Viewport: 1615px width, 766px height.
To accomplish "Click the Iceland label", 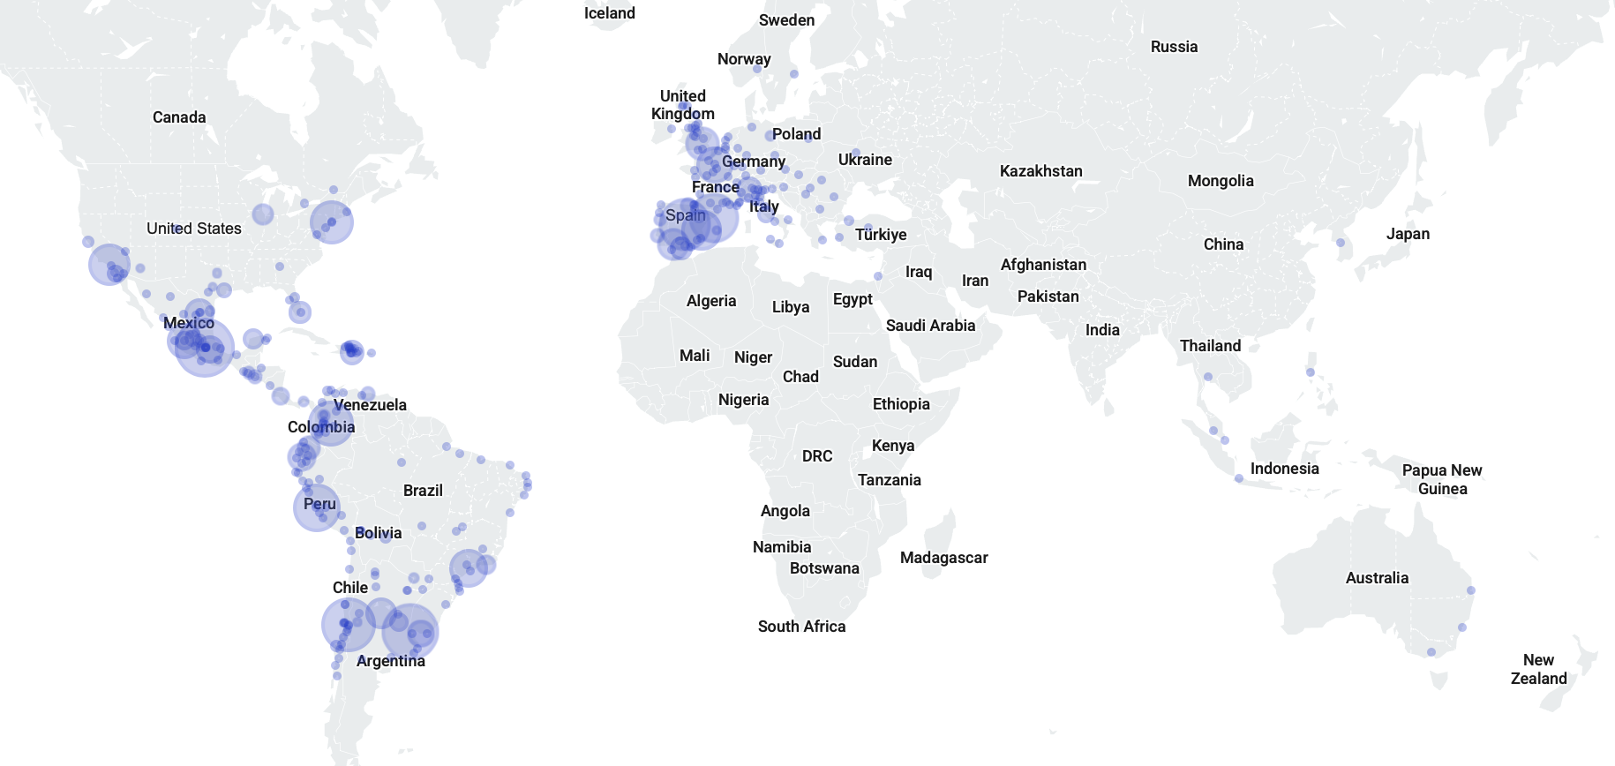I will coord(609,13).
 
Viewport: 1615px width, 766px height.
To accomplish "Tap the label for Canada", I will coord(179,117).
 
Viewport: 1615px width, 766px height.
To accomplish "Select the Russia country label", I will coord(1174,47).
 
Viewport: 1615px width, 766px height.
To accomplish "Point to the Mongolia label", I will coord(1220,181).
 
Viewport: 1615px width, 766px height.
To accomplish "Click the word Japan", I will coord(1408,234).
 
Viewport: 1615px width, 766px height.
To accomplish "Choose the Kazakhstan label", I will coord(1040,171).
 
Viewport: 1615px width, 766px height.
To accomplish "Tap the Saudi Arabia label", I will coord(930,326).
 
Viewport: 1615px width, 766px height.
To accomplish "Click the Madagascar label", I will coord(943,558).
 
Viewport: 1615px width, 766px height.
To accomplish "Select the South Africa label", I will coord(801,627).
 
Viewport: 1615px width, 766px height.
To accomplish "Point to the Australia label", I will coord(1377,578).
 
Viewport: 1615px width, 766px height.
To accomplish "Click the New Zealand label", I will coord(1538,670).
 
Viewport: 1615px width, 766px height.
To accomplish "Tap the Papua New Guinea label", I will coord(1442,479).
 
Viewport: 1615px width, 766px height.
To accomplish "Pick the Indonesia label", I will coord(1284,469).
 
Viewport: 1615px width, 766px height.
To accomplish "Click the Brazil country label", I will coord(423,491).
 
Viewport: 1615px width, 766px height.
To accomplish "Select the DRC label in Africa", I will coord(817,456).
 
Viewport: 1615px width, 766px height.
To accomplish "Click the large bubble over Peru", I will coord(317,507).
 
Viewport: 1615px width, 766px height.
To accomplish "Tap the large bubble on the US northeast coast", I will coord(332,221).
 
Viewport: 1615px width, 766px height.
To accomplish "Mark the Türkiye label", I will coord(880,235).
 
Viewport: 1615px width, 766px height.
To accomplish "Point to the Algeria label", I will coord(710,301).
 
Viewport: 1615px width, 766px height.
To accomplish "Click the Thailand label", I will coord(1210,346).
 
